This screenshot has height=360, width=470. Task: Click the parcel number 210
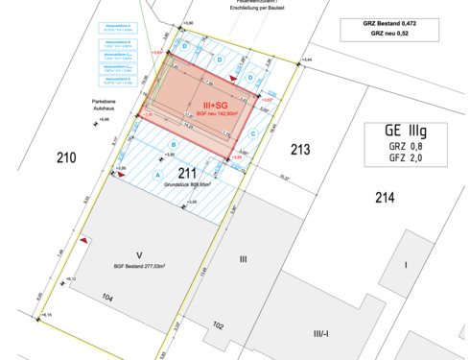point(64,156)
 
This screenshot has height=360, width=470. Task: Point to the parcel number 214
point(384,199)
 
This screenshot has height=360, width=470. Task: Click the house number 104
point(108,299)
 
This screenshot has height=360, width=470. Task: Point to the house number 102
point(218,324)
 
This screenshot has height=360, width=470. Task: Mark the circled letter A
point(156,176)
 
